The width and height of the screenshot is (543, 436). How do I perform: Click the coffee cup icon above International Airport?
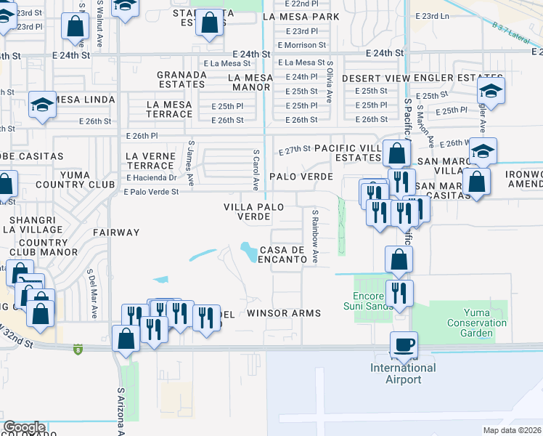pyautogui.click(x=404, y=343)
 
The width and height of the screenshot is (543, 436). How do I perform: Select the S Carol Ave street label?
pyautogui.click(x=256, y=170)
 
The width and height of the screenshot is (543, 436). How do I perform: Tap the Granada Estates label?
pyautogui.click(x=181, y=79)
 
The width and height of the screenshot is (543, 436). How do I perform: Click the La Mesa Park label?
pyautogui.click(x=301, y=16)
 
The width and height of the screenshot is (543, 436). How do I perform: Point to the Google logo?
pyautogui.click(x=24, y=427)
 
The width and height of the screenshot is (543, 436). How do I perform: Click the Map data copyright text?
pyautogui.click(x=513, y=430)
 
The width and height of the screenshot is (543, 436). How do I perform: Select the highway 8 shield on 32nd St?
pyautogui.click(x=78, y=350)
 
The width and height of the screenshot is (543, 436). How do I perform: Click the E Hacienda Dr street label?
pyautogui.click(x=151, y=177)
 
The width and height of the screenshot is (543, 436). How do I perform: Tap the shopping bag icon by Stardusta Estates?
pyautogui.click(x=209, y=23)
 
